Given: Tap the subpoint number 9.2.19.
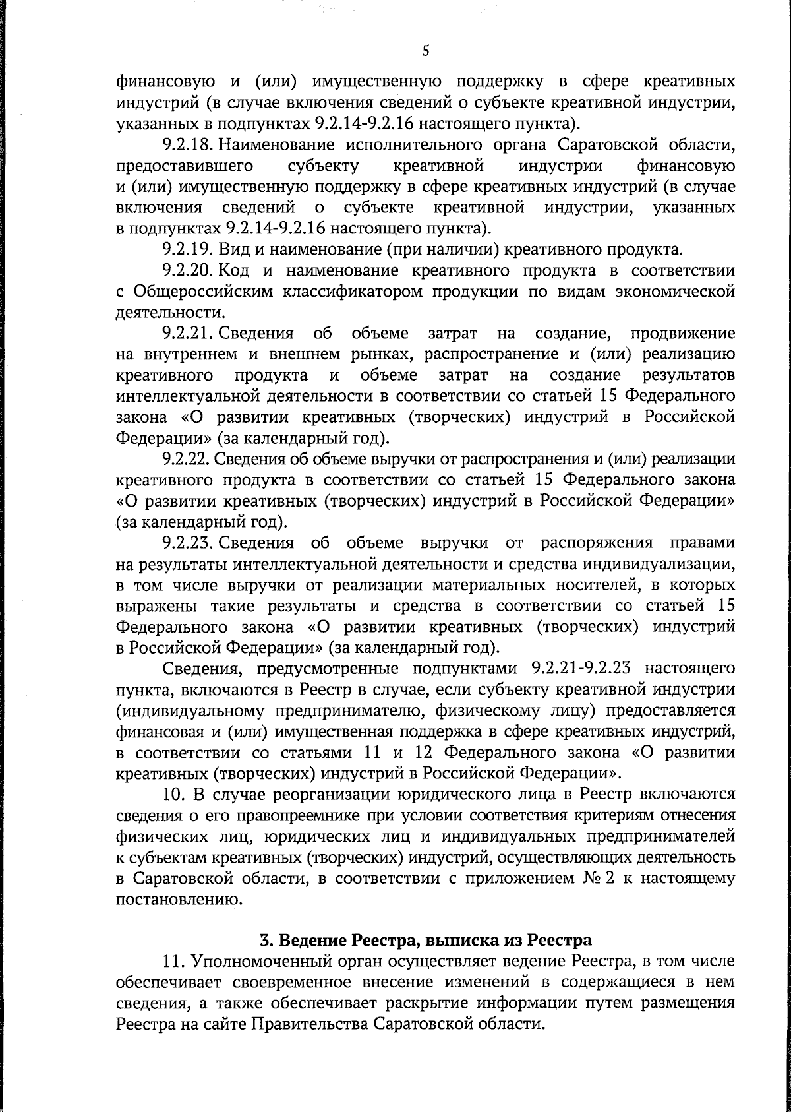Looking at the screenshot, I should click(x=187, y=250).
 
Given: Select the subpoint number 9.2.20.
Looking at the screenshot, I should click(x=187, y=270).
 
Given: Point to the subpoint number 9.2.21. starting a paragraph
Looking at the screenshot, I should click(x=187, y=334).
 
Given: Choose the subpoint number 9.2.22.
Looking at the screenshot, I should click(x=187, y=459).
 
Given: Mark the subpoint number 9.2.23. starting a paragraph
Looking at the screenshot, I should click(x=187, y=543).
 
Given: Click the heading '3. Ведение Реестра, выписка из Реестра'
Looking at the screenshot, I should click(x=424, y=939).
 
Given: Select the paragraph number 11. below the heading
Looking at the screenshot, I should click(x=172, y=960).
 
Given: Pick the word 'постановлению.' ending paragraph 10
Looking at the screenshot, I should click(x=176, y=899).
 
